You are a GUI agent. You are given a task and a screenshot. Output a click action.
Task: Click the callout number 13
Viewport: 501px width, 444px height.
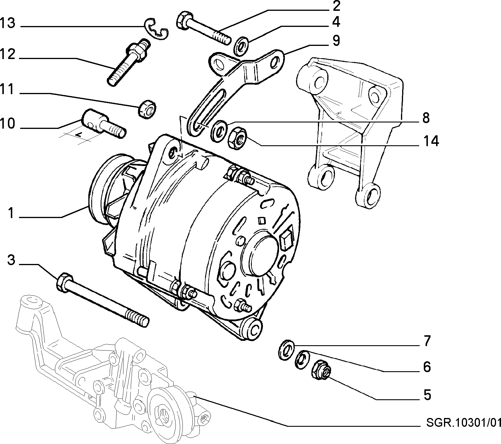point(8,23)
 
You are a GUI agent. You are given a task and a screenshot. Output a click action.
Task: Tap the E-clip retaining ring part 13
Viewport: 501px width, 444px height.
point(157,30)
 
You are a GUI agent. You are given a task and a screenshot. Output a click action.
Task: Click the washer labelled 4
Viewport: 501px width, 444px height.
point(242,46)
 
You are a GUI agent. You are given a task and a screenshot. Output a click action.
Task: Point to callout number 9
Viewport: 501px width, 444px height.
point(336,41)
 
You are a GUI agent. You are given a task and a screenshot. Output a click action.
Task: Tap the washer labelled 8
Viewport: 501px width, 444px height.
point(219,131)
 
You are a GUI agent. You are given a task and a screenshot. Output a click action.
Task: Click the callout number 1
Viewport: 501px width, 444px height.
point(11,213)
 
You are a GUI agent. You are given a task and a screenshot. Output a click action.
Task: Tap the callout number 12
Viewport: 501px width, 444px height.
point(8,54)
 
